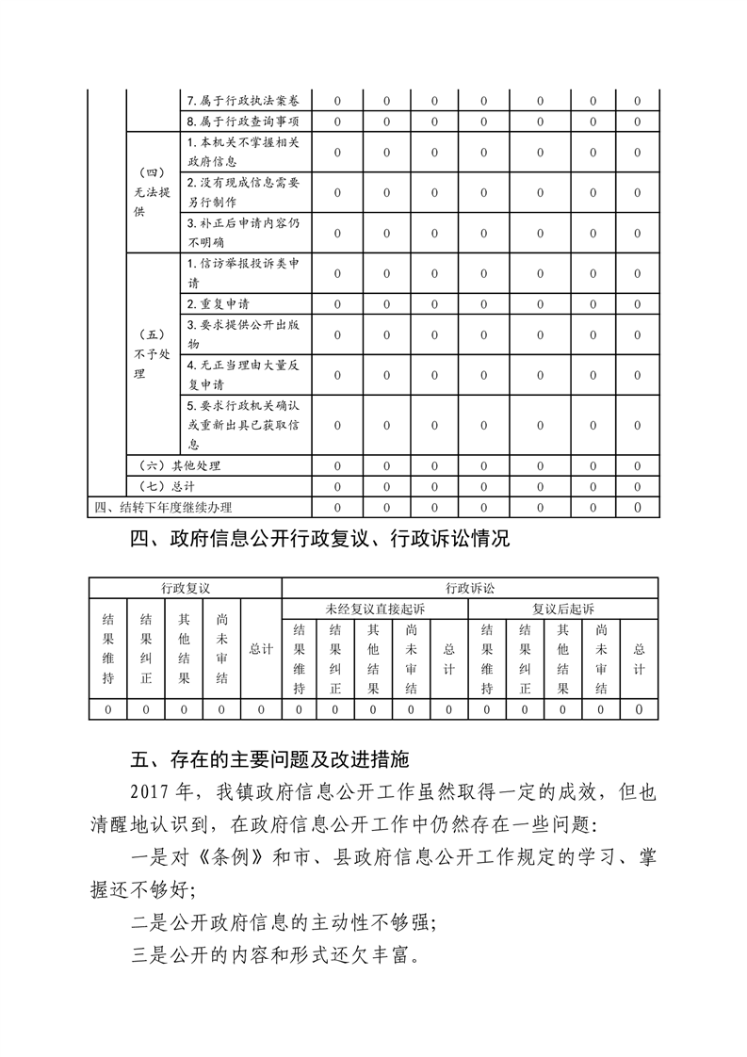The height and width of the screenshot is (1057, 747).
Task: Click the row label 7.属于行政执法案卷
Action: (244, 101)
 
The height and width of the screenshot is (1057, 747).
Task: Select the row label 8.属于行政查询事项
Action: (244, 121)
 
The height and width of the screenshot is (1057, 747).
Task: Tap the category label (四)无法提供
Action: (152, 193)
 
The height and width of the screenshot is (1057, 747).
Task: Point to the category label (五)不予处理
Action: (152, 354)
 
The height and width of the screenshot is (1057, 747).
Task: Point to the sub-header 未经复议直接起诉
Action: (375, 609)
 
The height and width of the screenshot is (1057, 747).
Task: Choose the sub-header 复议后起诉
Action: (562, 609)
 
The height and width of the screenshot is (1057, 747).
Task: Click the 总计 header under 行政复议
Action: (261, 649)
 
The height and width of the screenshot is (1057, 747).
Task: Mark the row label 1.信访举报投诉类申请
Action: (244, 273)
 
